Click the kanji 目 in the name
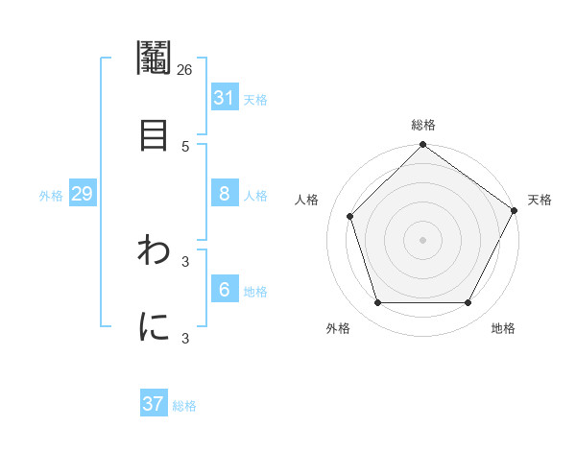154,133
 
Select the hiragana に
154,327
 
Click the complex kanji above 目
154,59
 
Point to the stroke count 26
184,69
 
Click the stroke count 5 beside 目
184,146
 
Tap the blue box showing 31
224,97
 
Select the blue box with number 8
224,194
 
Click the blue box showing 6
224,290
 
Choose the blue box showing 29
82,194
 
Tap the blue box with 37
154,404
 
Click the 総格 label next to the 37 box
184,406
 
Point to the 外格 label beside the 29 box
51,196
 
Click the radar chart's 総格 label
423,125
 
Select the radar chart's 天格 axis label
540,200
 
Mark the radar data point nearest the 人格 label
350,216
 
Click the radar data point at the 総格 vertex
423,146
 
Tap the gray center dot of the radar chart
423,239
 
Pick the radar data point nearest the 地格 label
468,302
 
